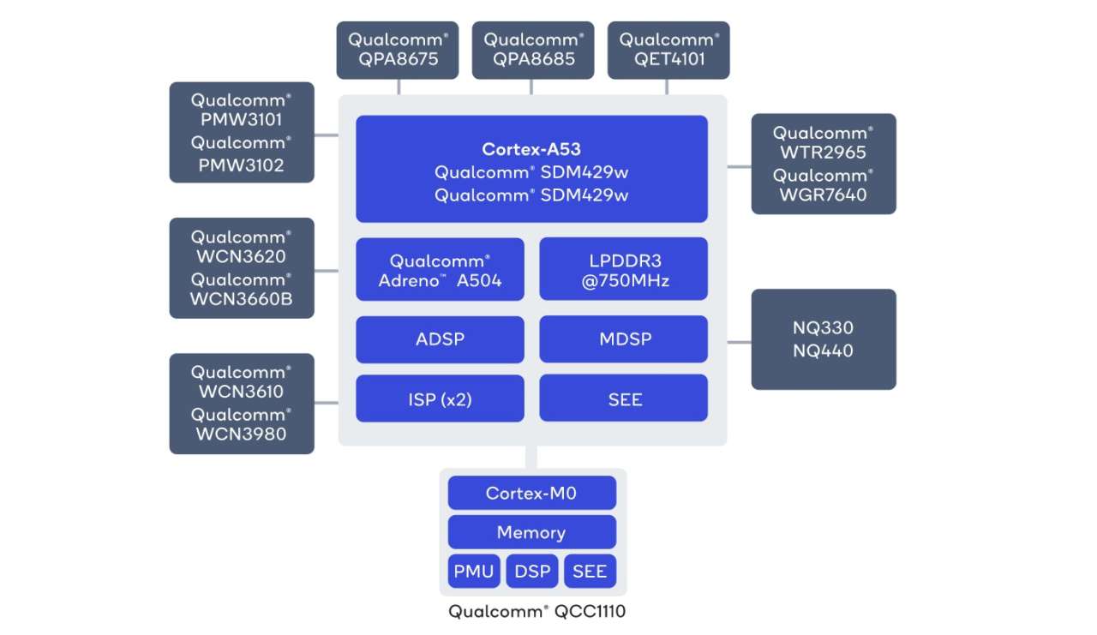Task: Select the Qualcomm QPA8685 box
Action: pyautogui.click(x=532, y=50)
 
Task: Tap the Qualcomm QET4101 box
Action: pyautogui.click(x=668, y=50)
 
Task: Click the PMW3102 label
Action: pyautogui.click(x=241, y=165)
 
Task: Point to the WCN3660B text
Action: pyautogui.click(x=241, y=301)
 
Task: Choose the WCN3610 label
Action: pyautogui.click(x=241, y=392)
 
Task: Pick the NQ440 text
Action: pyautogui.click(x=824, y=350)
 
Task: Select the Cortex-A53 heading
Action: pyautogui.click(x=531, y=149)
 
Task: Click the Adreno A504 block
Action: pyautogui.click(x=440, y=270)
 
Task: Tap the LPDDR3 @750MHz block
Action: pyautogui.click(x=623, y=270)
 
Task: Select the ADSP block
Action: pyautogui.click(x=440, y=338)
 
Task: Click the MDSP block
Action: pyautogui.click(x=623, y=338)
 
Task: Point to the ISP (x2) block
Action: pyautogui.click(x=440, y=399)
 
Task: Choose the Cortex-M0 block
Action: pyautogui.click(x=531, y=493)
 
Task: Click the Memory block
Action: pyautogui.click(x=531, y=532)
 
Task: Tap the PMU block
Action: pyautogui.click(x=473, y=572)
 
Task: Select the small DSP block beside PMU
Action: pyautogui.click(x=532, y=572)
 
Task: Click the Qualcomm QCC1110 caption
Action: pyautogui.click(x=543, y=612)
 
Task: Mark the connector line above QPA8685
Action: pyautogui.click(x=531, y=87)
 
